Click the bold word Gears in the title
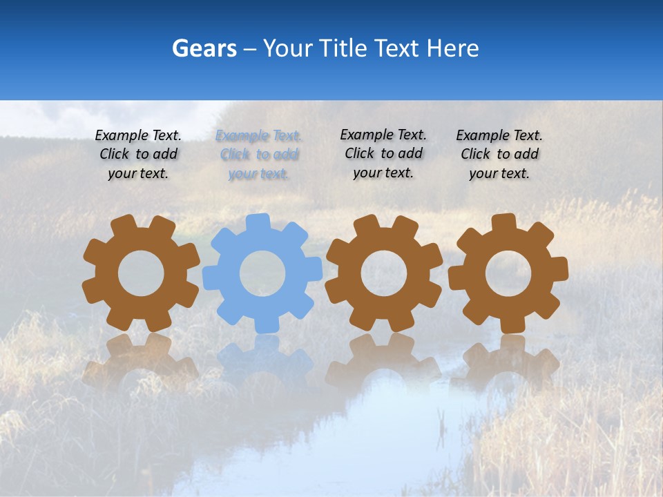(x=204, y=48)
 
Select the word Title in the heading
(x=345, y=48)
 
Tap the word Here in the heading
(x=452, y=48)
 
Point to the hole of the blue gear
(x=262, y=273)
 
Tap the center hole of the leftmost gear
(x=141, y=273)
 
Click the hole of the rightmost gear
(x=508, y=273)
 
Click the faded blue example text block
(x=258, y=155)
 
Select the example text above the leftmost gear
(x=138, y=155)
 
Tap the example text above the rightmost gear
(x=499, y=155)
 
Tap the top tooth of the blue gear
(x=258, y=222)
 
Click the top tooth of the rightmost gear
(x=503, y=222)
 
